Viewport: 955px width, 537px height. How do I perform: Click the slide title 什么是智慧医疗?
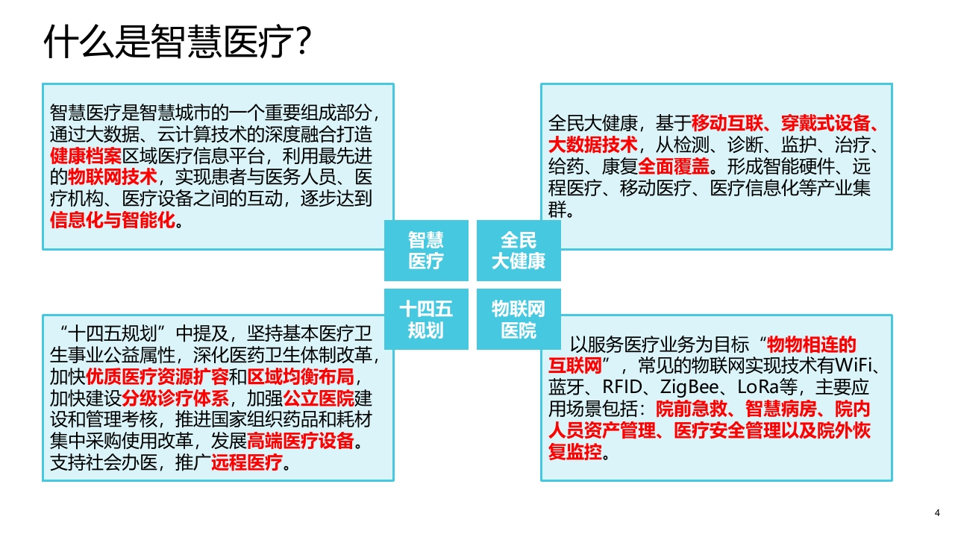[178, 41]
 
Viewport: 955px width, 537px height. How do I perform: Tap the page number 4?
[937, 512]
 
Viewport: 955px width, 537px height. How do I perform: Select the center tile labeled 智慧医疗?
[426, 251]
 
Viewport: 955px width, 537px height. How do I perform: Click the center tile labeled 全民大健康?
[519, 251]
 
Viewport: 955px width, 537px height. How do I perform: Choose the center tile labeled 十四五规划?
[426, 319]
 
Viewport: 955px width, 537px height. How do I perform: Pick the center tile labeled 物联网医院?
[519, 319]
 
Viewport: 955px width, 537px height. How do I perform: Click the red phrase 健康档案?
[86, 156]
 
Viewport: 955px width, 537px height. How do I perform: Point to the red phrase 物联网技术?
[113, 177]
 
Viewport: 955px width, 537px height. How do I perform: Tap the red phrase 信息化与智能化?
[113, 220]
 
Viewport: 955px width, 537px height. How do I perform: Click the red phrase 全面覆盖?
[674, 166]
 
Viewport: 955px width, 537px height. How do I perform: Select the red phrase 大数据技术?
[592, 145]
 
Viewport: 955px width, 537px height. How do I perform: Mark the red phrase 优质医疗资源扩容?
[157, 377]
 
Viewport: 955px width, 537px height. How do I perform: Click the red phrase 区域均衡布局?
[301, 377]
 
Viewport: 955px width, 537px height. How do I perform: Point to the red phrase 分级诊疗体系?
[175, 398]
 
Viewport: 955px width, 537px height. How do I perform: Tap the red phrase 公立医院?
[319, 398]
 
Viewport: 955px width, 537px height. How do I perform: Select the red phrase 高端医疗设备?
[301, 441]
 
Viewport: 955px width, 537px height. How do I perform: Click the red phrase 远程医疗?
[247, 462]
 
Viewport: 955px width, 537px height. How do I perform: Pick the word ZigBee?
[689, 387]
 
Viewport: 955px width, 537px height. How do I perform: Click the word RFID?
[622, 387]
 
